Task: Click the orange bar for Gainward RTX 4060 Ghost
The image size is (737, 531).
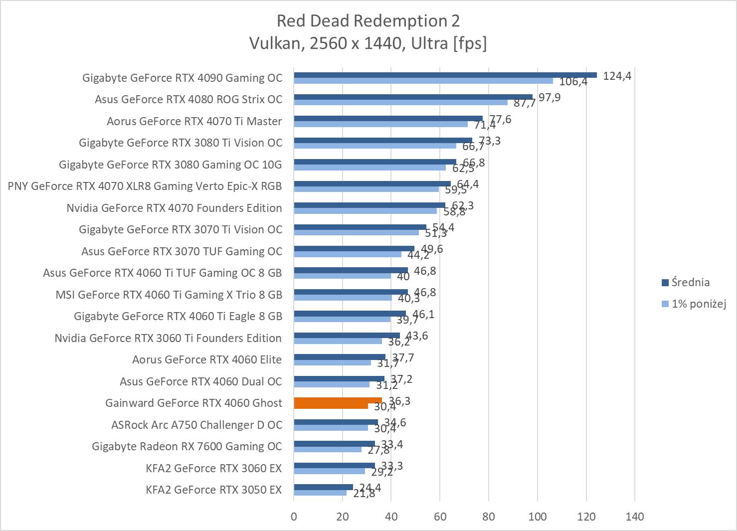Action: [x=338, y=400]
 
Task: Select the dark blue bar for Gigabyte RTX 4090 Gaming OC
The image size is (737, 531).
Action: [x=445, y=75]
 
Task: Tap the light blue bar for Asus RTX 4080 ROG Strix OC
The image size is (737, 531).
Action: [x=400, y=102]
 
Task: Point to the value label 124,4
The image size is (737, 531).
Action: [x=617, y=76]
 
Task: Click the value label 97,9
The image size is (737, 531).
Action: [x=549, y=97]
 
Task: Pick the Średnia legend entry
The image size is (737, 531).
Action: [x=690, y=283]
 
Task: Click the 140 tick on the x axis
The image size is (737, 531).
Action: [x=635, y=517]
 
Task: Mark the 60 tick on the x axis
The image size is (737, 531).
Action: [x=440, y=517]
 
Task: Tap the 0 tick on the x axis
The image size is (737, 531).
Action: [x=294, y=517]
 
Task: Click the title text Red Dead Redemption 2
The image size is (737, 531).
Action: [x=368, y=21]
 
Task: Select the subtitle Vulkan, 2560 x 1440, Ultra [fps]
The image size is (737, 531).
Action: [x=368, y=44]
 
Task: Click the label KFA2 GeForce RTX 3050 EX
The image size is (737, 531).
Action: [x=214, y=490]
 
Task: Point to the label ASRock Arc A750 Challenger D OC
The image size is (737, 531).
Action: [x=196, y=425]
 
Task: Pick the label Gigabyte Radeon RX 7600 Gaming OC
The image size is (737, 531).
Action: [x=187, y=446]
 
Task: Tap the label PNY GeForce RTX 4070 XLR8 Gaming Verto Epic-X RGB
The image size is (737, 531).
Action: [x=145, y=186]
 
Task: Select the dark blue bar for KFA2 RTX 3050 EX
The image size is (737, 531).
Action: [x=323, y=487]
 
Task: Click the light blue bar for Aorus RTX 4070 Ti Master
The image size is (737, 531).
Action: [x=380, y=124]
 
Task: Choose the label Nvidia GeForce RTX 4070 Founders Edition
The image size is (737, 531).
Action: [x=174, y=208]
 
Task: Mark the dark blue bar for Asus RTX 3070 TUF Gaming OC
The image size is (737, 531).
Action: [x=354, y=248]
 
